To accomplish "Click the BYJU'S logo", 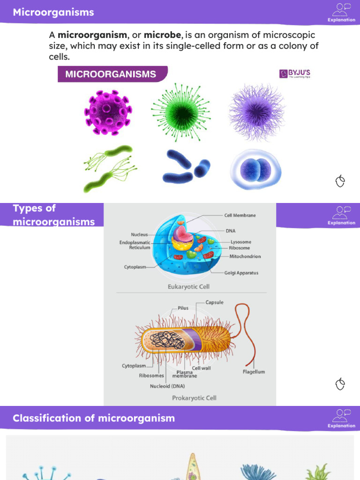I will (295, 74).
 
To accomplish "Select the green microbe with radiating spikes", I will (180, 113).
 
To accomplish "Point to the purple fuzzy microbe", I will (256, 112).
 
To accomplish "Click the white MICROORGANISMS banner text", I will (111, 74).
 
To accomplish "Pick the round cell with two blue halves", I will (256, 170).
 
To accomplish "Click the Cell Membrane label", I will (240, 215).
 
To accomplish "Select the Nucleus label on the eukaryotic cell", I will (139, 234).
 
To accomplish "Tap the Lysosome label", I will (240, 242).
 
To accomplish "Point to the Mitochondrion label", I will (245, 256).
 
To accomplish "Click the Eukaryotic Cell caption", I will (188, 286).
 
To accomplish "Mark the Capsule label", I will (215, 302).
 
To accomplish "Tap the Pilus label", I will (183, 308).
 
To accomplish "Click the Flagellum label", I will (254, 372).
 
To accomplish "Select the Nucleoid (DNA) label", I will (167, 386).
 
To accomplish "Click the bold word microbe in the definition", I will (162, 35).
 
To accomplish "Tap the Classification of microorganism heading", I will (94, 418).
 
